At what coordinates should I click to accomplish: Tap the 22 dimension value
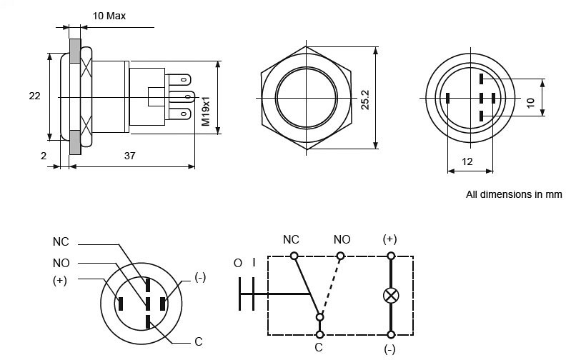click(x=34, y=95)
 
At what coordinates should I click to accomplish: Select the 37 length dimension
click(x=130, y=155)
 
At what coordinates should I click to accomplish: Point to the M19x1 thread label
click(x=206, y=112)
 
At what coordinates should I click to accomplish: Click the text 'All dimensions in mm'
click(x=514, y=194)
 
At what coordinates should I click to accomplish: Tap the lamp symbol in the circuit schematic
click(x=391, y=295)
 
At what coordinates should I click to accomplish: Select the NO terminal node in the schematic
click(x=341, y=256)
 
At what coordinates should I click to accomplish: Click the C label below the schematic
click(x=319, y=348)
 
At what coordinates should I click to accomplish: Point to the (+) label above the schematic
click(x=390, y=239)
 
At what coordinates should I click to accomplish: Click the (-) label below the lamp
click(x=390, y=349)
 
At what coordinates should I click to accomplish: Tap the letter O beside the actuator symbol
click(x=238, y=263)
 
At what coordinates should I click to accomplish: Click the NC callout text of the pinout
click(x=61, y=241)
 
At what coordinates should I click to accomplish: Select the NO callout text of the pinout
click(x=61, y=262)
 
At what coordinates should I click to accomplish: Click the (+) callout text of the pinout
click(x=60, y=280)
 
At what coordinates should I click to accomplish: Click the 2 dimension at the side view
click(x=44, y=155)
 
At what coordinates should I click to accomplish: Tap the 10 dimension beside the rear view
click(x=530, y=102)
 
